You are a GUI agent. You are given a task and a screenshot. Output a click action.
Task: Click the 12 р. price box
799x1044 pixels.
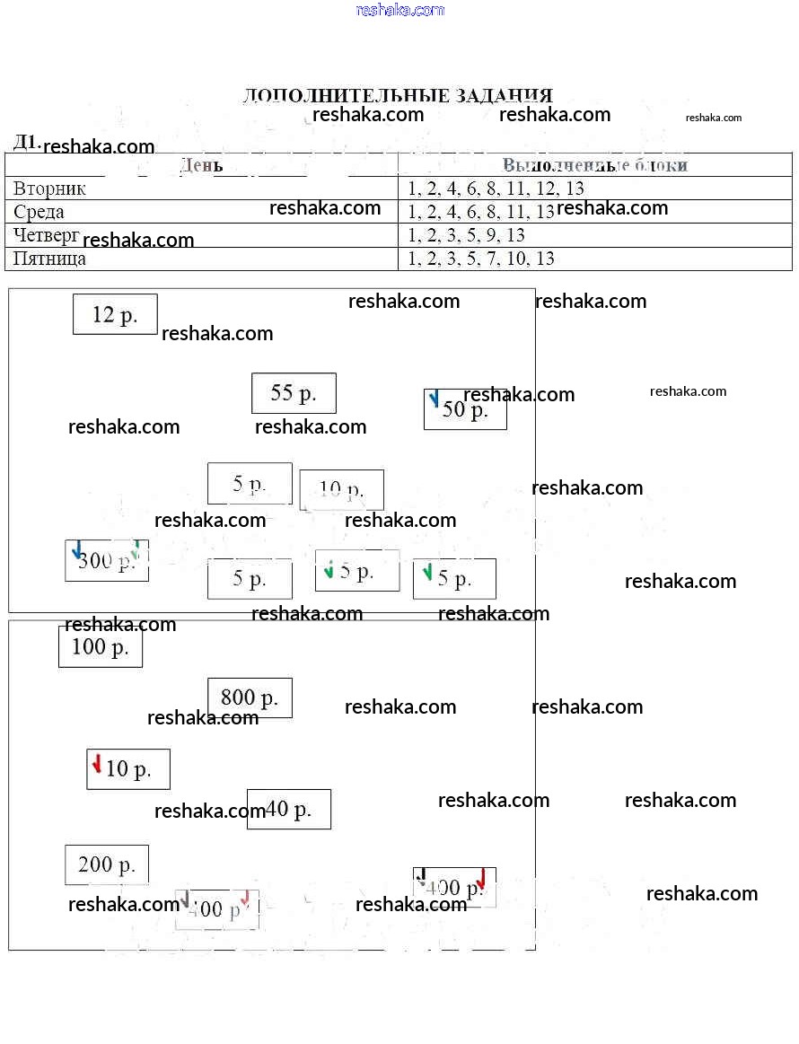click(x=115, y=314)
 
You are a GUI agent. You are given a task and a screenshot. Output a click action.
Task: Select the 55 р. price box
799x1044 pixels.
click(x=294, y=393)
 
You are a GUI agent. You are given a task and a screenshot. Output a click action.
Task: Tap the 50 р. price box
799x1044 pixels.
click(x=465, y=409)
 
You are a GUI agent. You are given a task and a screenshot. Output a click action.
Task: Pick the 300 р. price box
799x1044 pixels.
click(x=107, y=560)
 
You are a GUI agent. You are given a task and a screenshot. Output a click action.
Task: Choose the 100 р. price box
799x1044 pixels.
click(x=101, y=646)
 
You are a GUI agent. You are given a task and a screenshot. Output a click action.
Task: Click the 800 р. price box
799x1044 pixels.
click(x=250, y=697)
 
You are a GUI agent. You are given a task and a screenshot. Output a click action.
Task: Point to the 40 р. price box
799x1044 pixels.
click(x=289, y=809)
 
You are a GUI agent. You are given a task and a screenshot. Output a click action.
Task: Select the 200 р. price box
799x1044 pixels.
click(x=107, y=864)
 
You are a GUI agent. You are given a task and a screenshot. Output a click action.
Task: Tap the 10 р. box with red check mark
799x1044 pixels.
click(x=128, y=768)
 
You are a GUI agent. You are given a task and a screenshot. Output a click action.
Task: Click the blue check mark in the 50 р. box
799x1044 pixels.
click(x=435, y=399)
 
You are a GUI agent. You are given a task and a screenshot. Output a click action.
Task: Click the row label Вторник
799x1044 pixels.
click(x=50, y=189)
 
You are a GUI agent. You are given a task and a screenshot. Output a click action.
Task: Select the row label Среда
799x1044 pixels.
click(x=40, y=212)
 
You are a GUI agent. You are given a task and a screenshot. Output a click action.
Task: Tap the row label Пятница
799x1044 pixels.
click(x=50, y=259)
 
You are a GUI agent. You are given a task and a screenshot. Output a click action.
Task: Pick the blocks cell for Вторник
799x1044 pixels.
click(x=496, y=189)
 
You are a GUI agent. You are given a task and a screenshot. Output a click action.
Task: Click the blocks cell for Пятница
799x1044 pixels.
click(x=481, y=259)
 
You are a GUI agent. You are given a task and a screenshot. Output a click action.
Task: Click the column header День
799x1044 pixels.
click(x=201, y=165)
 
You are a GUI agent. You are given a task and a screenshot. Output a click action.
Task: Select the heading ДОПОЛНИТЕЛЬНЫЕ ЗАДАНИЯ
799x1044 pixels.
click(x=398, y=95)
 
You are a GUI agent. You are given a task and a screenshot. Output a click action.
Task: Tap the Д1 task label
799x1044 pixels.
click(x=25, y=142)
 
